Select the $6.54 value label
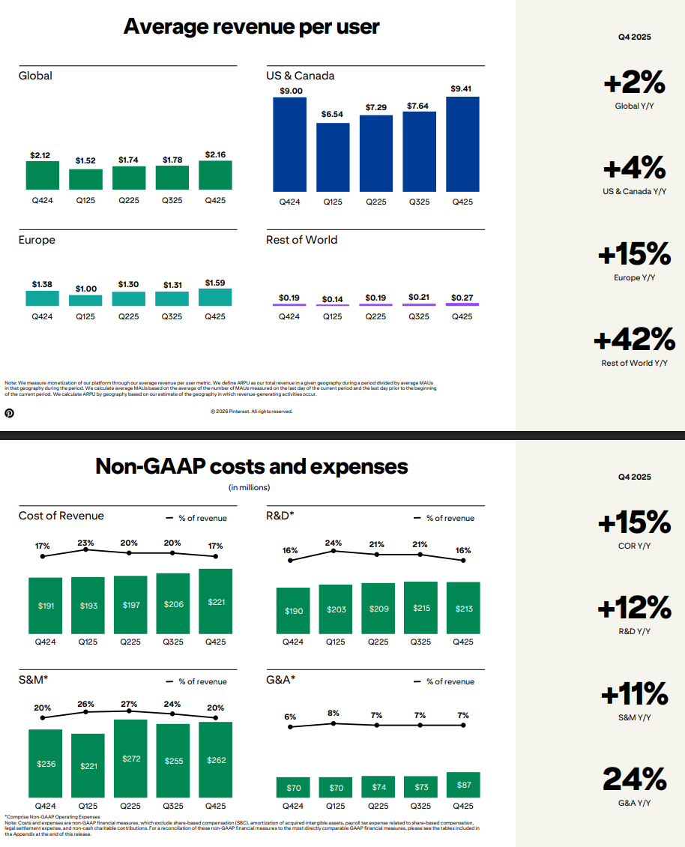click(x=333, y=115)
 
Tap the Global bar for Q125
click(x=85, y=179)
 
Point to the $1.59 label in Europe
click(x=215, y=283)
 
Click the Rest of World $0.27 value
click(x=462, y=298)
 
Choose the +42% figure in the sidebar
click(x=634, y=341)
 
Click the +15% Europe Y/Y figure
click(x=634, y=255)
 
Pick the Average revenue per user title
click(x=251, y=27)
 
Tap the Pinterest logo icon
click(x=10, y=412)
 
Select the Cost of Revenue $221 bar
click(x=215, y=601)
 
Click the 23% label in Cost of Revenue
click(x=86, y=544)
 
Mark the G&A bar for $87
click(x=464, y=785)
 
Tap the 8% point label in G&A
click(x=334, y=714)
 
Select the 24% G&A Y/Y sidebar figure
click(x=634, y=780)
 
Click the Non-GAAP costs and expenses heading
click(x=251, y=467)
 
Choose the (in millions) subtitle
click(x=249, y=488)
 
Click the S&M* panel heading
click(x=34, y=680)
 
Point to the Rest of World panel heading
click(x=301, y=240)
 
